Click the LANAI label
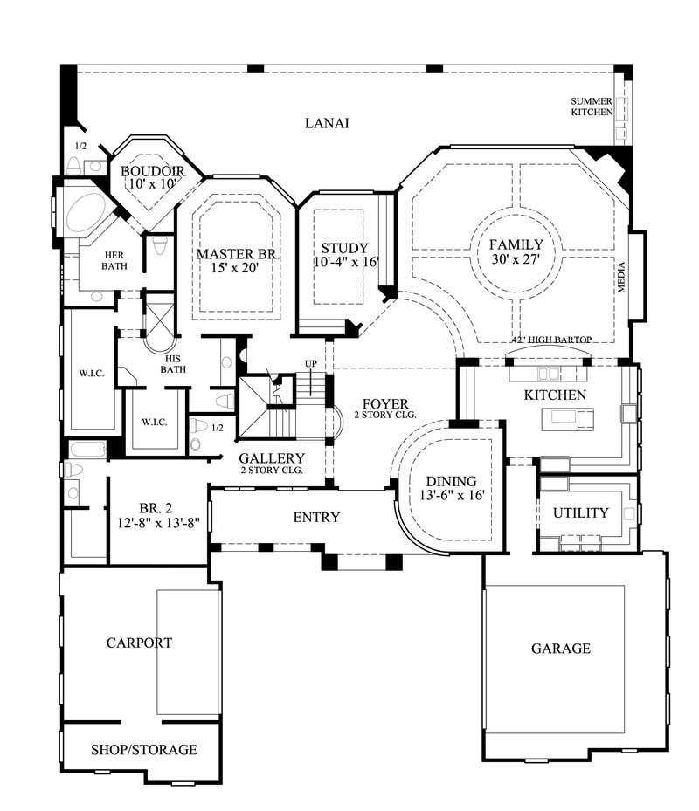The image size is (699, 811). point(327,123)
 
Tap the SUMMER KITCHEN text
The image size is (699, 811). point(592,107)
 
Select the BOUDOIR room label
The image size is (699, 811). point(152,170)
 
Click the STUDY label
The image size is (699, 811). point(343,247)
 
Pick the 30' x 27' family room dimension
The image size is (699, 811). point(516,260)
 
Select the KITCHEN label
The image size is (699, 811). point(555,395)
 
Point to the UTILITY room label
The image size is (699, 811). point(580,512)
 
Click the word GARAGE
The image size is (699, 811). point(561,649)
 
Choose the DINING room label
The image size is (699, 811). point(451,481)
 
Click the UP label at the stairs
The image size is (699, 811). point(310,363)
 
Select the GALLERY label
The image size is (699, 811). point(272,458)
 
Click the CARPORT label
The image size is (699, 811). point(139,643)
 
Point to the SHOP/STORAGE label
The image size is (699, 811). point(144,750)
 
